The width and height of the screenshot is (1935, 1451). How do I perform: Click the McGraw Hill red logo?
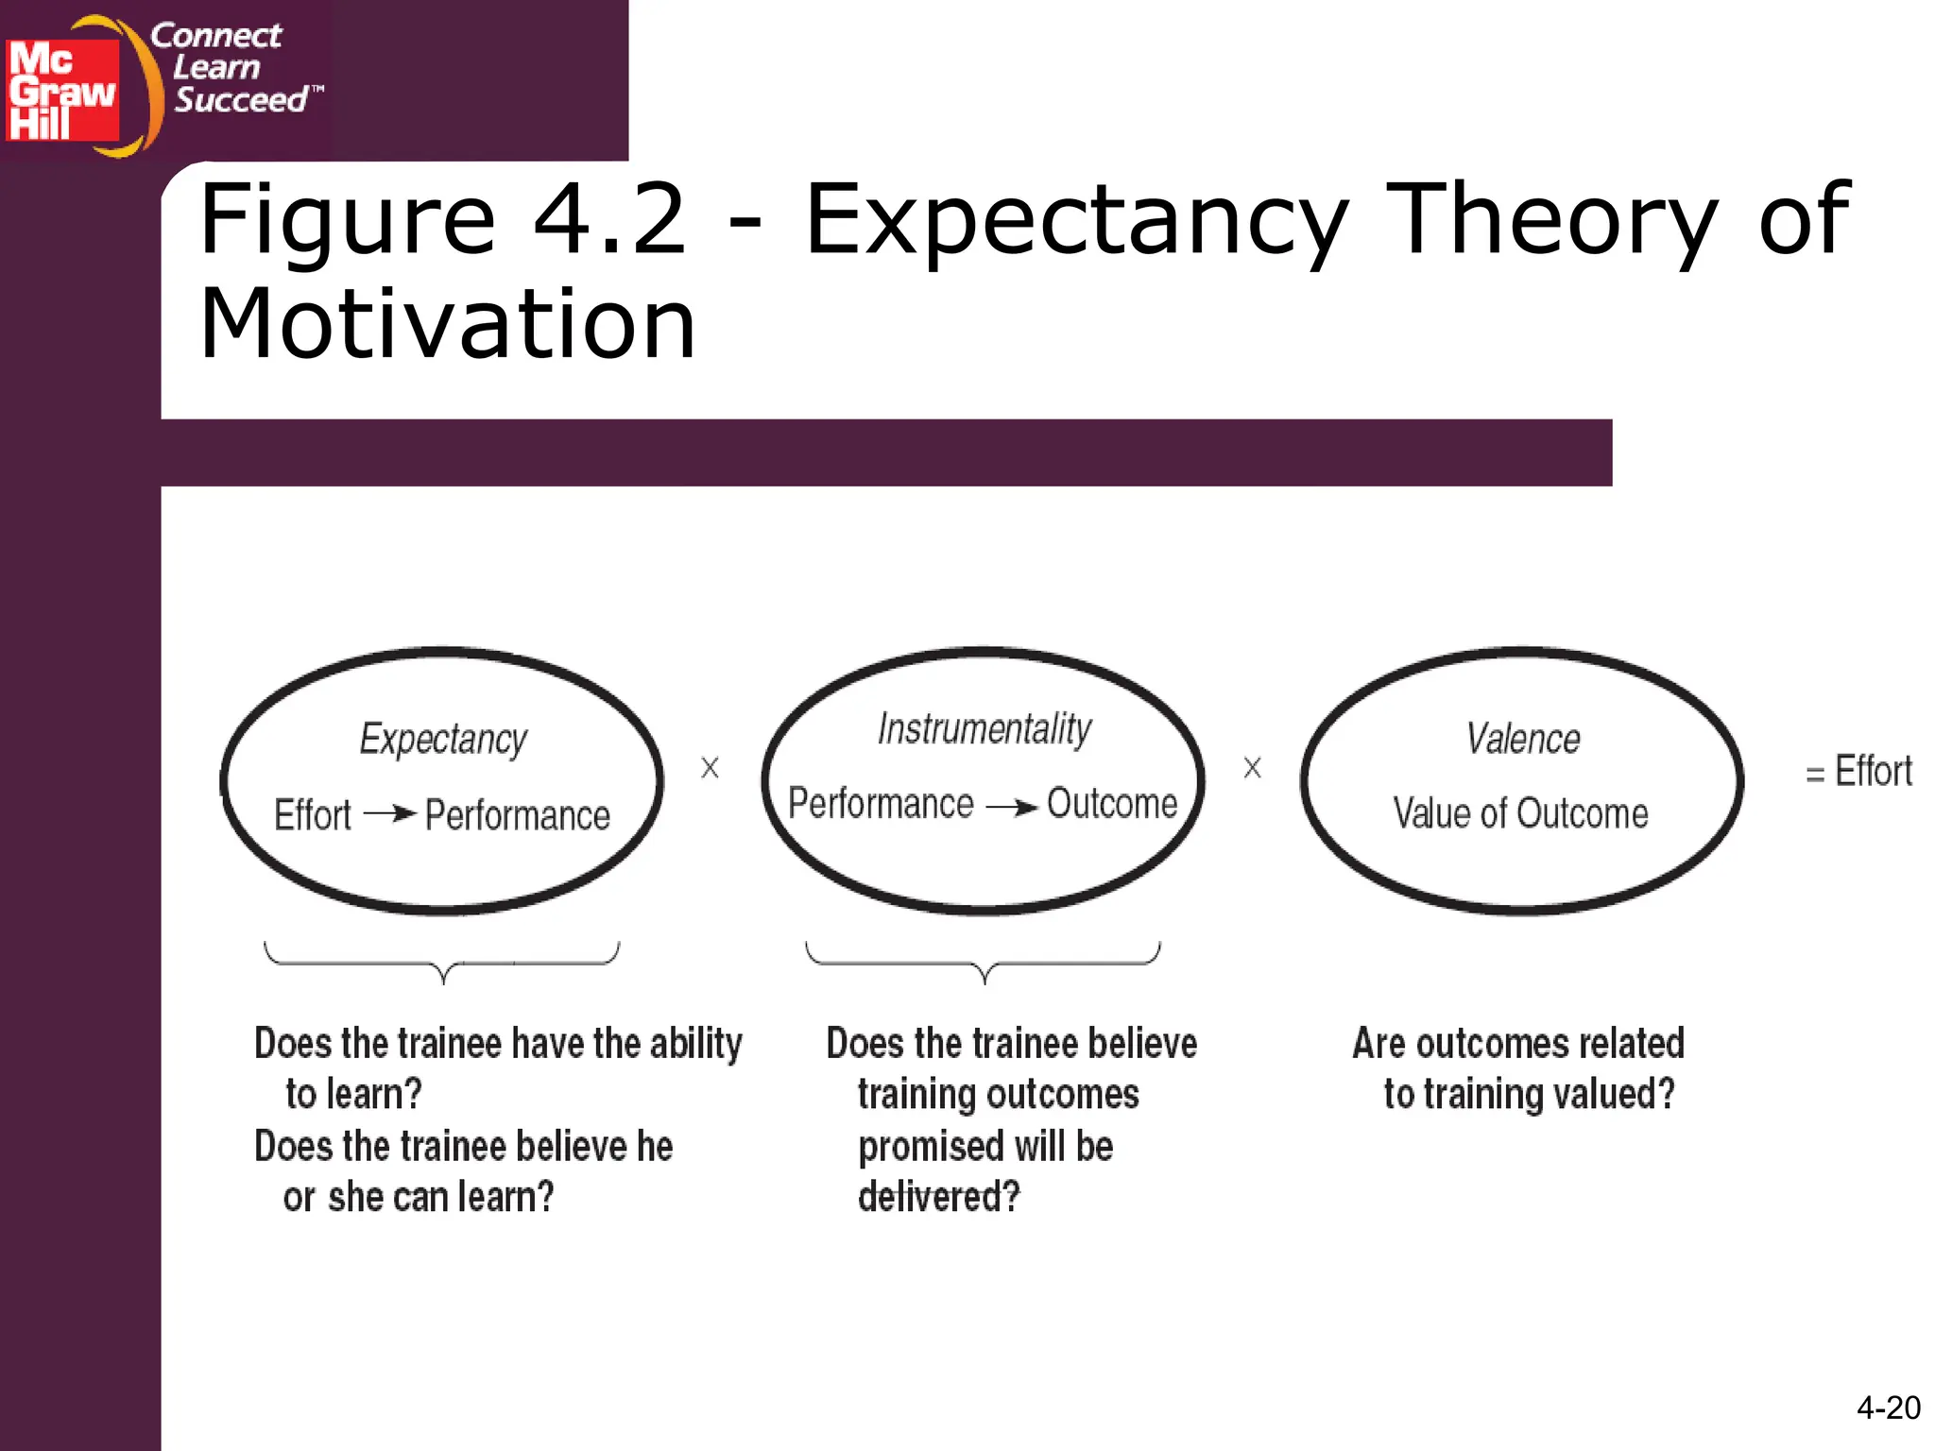(x=62, y=90)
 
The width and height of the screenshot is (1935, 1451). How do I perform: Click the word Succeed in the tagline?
(x=241, y=100)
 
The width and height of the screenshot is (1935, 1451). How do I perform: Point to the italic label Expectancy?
(x=443, y=739)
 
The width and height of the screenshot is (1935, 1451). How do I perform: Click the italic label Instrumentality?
(x=984, y=729)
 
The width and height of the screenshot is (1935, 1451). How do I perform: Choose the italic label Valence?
(x=1522, y=739)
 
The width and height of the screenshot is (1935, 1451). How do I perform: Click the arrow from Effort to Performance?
(x=389, y=813)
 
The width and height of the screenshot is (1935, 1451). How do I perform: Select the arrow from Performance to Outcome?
(x=1011, y=806)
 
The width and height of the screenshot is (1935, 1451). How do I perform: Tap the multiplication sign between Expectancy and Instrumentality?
(x=710, y=768)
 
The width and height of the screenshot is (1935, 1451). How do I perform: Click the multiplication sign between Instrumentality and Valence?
(x=1252, y=768)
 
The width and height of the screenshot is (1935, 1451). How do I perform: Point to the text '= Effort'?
(x=1858, y=772)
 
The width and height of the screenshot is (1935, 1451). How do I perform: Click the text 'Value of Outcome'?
(x=1520, y=813)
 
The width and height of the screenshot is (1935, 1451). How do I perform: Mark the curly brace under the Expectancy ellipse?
(x=442, y=963)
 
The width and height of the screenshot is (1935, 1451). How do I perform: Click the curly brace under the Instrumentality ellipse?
(x=984, y=963)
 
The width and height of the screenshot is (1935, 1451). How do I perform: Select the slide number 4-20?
(x=1888, y=1408)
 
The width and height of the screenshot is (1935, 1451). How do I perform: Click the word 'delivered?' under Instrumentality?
(x=939, y=1197)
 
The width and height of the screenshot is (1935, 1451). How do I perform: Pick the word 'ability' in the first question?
(x=695, y=1045)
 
